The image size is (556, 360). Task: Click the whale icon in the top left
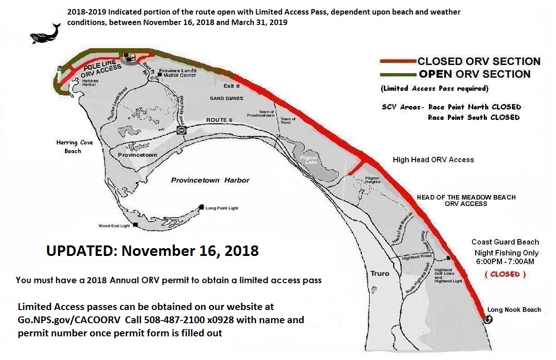click(45, 33)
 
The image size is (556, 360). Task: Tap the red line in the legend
click(398, 61)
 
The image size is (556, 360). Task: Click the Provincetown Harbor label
click(210, 180)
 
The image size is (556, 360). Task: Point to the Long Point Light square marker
click(201, 207)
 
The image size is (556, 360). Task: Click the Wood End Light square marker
click(135, 224)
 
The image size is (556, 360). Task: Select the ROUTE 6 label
click(219, 120)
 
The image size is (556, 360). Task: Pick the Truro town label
click(380, 273)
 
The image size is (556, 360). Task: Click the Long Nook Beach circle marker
click(488, 319)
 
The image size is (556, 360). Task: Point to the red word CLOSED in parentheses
click(505, 274)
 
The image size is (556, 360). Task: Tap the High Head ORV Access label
click(433, 160)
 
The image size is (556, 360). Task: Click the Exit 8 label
click(231, 85)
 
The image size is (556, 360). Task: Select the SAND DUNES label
click(226, 98)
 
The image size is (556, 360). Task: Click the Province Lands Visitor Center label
click(178, 73)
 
